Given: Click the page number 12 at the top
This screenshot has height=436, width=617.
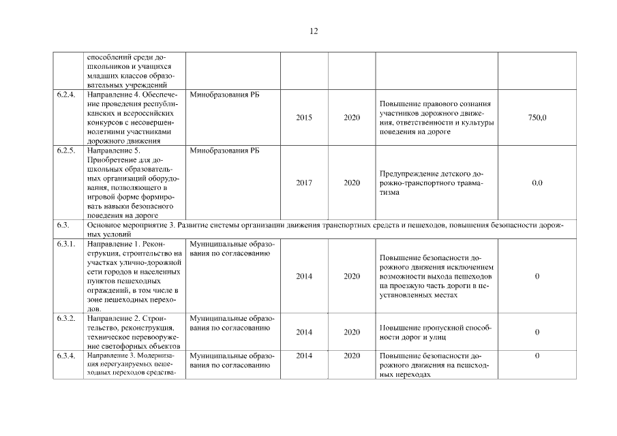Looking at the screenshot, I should [x=314, y=31].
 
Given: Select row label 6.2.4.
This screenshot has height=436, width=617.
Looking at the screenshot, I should [x=66, y=95].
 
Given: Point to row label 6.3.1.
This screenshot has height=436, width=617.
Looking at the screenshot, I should [x=66, y=243].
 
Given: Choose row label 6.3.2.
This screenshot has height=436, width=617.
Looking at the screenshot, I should [x=66, y=318].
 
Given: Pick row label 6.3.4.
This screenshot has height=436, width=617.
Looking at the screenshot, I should [x=66, y=356].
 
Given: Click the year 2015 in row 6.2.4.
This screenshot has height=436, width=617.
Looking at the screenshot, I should [x=304, y=118].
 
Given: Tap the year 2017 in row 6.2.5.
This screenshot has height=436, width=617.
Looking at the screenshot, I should [x=304, y=183].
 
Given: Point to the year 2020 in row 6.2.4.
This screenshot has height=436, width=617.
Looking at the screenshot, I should [x=352, y=118].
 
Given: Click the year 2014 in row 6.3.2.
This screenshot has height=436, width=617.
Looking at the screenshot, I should [x=304, y=332].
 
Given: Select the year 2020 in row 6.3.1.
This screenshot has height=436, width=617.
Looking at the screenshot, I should [x=352, y=277].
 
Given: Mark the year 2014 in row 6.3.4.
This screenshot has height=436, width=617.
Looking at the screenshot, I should [x=304, y=356].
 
